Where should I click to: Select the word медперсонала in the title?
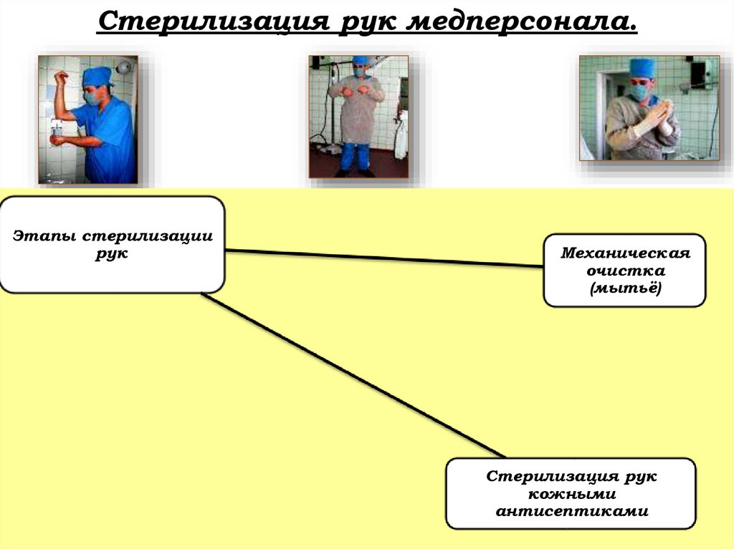(520, 21)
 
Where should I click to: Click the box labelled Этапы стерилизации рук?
(112, 245)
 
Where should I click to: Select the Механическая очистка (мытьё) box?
(624, 271)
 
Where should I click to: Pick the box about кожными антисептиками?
(571, 494)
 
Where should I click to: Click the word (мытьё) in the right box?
(624, 288)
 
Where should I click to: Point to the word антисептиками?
(571, 511)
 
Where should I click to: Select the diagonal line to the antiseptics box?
(351, 376)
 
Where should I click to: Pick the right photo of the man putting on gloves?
(649, 107)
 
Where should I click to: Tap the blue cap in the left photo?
(97, 75)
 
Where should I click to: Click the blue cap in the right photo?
(642, 69)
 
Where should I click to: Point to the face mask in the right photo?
(639, 92)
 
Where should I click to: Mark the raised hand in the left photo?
(61, 78)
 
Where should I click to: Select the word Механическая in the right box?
(624, 253)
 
